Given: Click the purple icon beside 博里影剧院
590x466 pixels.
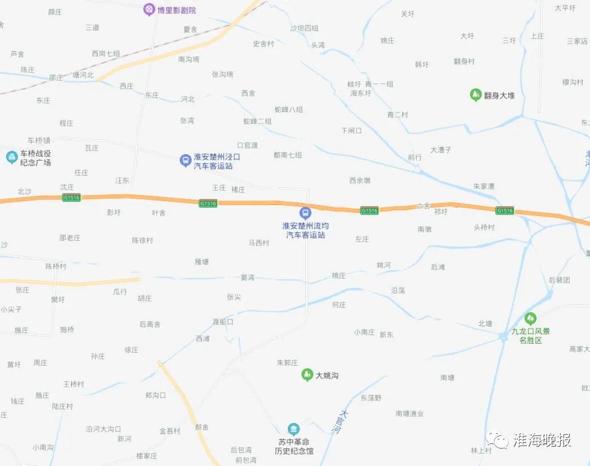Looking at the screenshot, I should [x=149, y=9].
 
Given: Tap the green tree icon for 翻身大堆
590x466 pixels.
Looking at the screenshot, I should [x=475, y=95].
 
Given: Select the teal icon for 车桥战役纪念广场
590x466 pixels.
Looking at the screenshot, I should [x=11, y=157].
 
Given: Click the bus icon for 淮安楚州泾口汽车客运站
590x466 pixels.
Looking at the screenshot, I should [x=184, y=161].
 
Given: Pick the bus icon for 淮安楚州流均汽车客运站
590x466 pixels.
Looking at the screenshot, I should [x=305, y=213].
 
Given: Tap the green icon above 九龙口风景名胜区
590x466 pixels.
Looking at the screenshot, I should [x=530, y=319].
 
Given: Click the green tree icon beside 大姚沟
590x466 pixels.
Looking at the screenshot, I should [x=307, y=375].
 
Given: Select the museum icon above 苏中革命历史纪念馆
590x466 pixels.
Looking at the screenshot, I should [x=294, y=429].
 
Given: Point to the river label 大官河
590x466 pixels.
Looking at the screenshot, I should [x=339, y=422].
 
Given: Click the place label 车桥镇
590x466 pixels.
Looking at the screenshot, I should [x=39, y=140].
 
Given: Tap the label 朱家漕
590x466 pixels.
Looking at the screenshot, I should [x=484, y=186].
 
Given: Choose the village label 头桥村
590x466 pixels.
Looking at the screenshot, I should [x=484, y=228].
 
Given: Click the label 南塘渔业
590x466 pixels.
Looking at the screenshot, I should [x=410, y=414].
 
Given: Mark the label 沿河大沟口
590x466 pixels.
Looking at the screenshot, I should [x=104, y=429].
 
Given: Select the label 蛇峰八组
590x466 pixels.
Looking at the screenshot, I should [x=288, y=110].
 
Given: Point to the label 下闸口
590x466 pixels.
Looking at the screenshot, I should [x=351, y=131].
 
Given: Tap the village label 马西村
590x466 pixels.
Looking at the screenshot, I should [x=259, y=243].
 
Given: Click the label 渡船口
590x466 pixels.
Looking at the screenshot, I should [x=223, y=322].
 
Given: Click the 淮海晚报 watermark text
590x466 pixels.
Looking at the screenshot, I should [x=541, y=439].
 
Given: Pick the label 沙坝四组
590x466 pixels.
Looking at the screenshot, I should [x=304, y=28].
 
